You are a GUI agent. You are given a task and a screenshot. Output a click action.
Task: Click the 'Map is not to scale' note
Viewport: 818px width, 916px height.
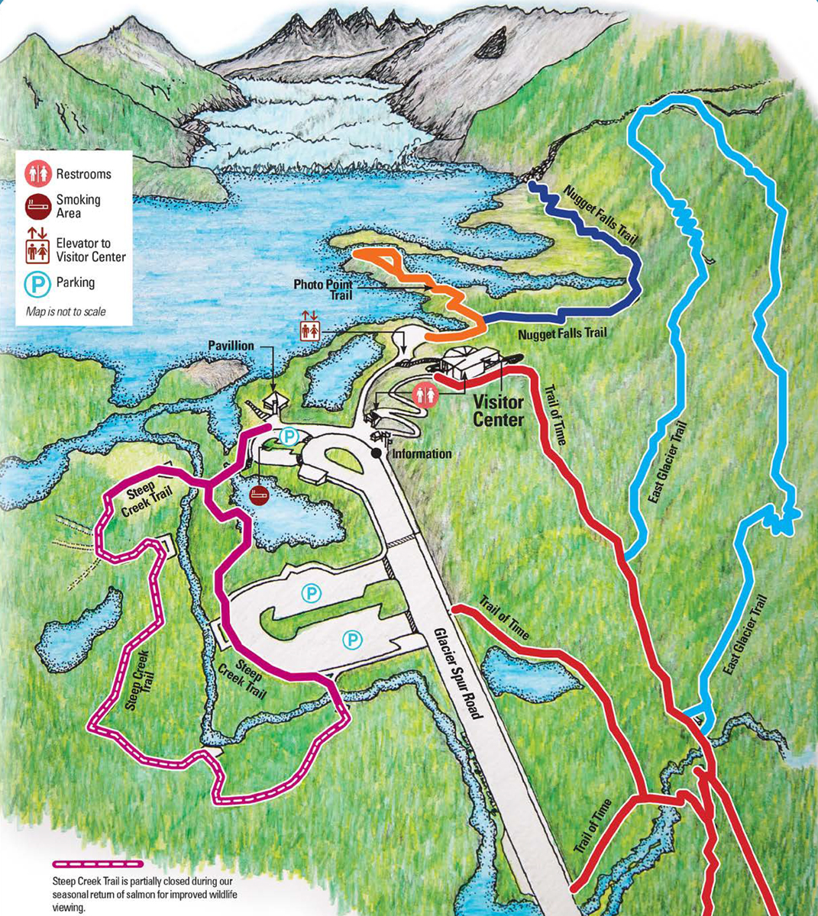pyautogui.click(x=66, y=311)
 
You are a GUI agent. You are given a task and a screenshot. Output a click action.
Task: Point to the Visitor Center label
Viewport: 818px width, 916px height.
pyautogui.click(x=498, y=411)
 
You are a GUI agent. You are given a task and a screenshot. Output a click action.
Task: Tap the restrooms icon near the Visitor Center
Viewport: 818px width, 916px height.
pyautogui.click(x=426, y=395)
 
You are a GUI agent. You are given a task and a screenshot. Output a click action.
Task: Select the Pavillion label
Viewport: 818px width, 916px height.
pyautogui.click(x=231, y=346)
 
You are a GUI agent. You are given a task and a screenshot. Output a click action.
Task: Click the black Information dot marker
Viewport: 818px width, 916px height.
pyautogui.click(x=377, y=453)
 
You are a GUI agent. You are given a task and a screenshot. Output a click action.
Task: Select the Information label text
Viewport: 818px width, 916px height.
pyautogui.click(x=422, y=454)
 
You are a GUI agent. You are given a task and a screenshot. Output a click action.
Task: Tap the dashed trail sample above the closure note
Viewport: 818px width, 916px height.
pyautogui.click(x=97, y=864)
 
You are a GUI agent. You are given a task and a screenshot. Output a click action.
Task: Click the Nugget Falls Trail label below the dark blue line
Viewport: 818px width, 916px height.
pyautogui.click(x=562, y=334)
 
